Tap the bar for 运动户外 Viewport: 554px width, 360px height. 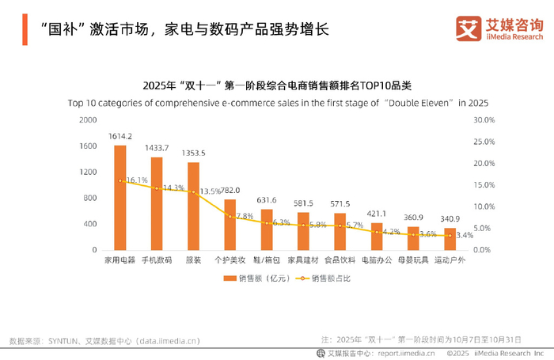click(450, 239)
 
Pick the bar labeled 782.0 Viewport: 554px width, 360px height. click(230, 225)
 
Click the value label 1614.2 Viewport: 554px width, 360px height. click(120, 136)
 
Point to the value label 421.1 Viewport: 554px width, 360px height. click(376, 213)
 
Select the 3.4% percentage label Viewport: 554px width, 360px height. click(465, 235)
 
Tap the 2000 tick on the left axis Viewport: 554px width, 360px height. click(88, 120)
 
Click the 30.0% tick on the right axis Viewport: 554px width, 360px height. click(483, 120)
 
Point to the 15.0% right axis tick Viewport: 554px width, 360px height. click(483, 185)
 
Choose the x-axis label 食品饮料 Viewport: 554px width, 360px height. click(340, 260)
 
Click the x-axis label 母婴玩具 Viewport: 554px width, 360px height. click(413, 260)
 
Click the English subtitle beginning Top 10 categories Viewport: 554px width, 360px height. click(278, 103)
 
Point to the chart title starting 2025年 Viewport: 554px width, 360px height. click(278, 85)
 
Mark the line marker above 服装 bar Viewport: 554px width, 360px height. click(193, 191)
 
